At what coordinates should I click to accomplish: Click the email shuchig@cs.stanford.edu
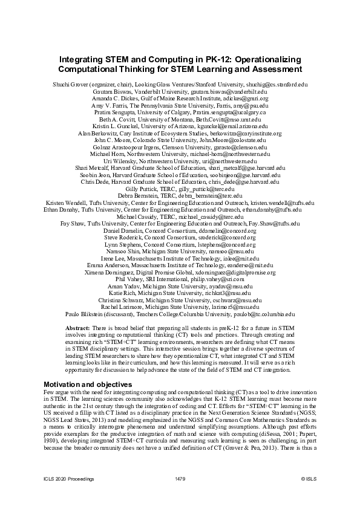[x=275, y=86]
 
